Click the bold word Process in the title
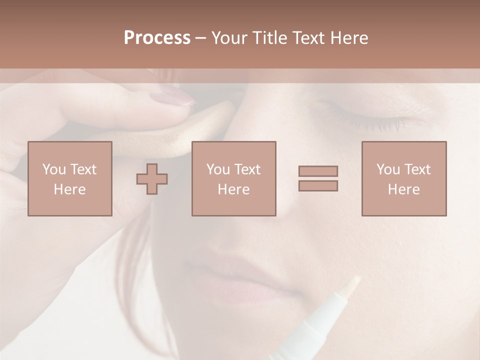pos(157,38)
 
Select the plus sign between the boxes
pos(152,178)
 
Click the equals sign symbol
pos(318,178)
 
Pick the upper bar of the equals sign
pos(318,171)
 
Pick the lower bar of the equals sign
pos(318,186)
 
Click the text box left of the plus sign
pos(70,178)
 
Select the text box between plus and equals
pos(234,178)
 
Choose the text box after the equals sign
pos(404,178)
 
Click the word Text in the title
pos(307,38)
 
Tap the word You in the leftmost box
pos(53,169)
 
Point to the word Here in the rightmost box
pos(404,189)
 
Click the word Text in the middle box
pos(247,169)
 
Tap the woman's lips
pos(235,280)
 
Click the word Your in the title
pos(229,38)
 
